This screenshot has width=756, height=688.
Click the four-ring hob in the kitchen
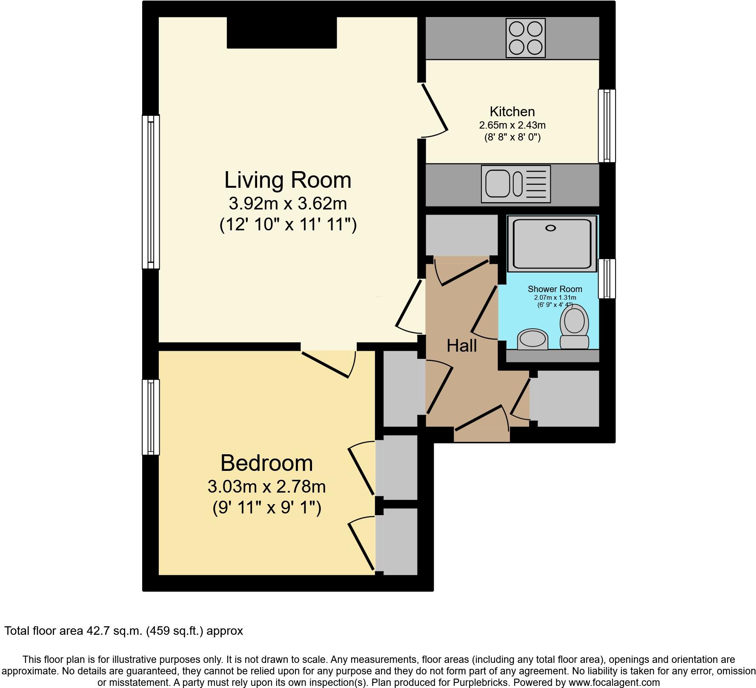click(x=525, y=37)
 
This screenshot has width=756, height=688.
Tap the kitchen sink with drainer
click(x=515, y=184)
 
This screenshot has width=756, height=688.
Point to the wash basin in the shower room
click(x=532, y=339)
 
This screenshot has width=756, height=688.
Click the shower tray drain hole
click(x=550, y=228)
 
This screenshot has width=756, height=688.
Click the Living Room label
click(x=288, y=180)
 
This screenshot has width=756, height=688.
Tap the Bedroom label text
click(x=266, y=463)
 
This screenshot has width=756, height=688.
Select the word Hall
click(x=461, y=346)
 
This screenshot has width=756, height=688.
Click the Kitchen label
click(x=512, y=112)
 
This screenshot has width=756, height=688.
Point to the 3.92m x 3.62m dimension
click(x=288, y=204)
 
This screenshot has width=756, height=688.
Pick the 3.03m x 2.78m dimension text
click(x=266, y=486)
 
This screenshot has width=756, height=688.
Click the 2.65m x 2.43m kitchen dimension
click(x=512, y=125)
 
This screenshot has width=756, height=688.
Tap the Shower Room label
click(x=555, y=289)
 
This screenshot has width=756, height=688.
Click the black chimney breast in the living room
click(x=282, y=32)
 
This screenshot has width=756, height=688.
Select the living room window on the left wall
click(x=151, y=192)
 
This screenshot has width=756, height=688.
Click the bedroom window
click(x=151, y=417)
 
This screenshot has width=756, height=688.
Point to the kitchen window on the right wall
click(x=607, y=126)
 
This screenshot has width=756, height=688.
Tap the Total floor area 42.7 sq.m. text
click(x=123, y=631)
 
